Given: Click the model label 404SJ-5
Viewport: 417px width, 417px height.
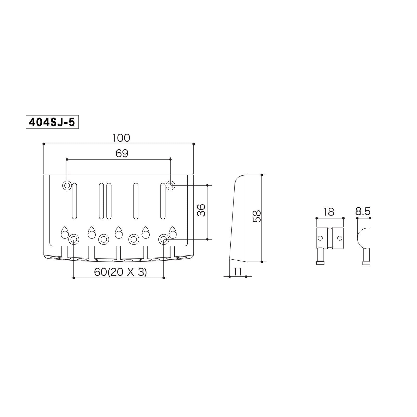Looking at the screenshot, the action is point(52,122).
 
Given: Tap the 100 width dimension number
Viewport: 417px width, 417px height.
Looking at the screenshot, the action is point(121,138).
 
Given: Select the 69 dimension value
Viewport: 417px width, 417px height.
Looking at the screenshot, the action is point(122,154).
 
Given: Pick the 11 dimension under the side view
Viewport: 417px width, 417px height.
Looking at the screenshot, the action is point(237,272).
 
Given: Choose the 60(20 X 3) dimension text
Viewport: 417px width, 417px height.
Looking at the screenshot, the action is point(120,272).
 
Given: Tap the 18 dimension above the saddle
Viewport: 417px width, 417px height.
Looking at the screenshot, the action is point(329,212).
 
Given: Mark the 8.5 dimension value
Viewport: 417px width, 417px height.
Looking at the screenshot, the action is point(363,211).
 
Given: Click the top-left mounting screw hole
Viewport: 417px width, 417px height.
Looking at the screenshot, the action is point(67,186).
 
